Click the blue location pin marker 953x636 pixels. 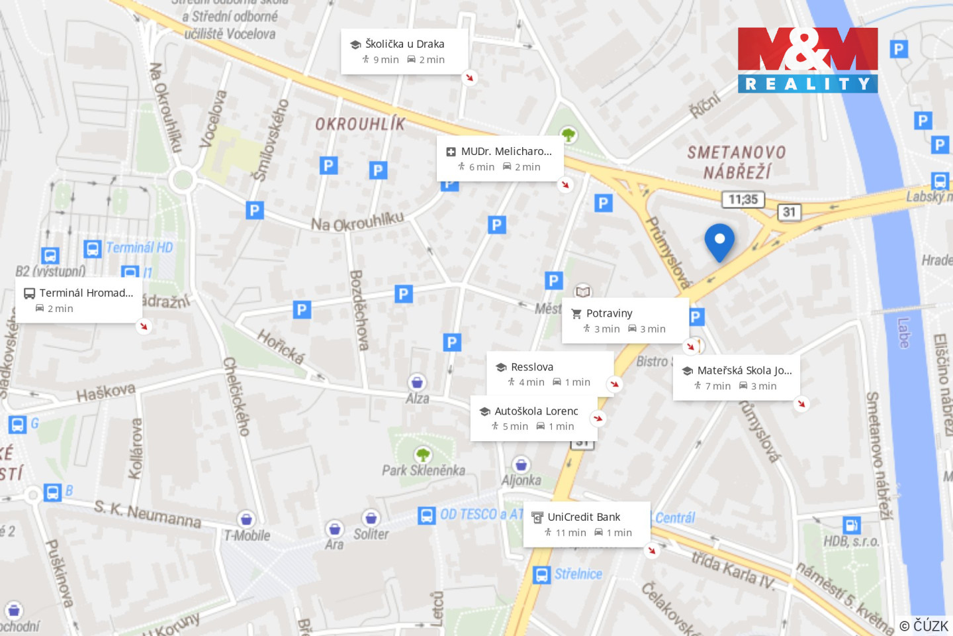click(719, 240)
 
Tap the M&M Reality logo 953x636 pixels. click(807, 60)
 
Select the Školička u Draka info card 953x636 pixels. click(404, 51)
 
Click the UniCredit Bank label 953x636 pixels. click(584, 517)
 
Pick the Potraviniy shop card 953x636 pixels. click(625, 321)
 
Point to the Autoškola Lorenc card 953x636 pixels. click(533, 419)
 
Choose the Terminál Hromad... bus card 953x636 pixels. click(79, 300)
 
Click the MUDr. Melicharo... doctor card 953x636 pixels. click(500, 159)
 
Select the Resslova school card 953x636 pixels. click(549, 374)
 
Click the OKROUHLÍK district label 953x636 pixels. click(359, 124)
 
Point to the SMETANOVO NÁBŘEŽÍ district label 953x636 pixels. click(737, 162)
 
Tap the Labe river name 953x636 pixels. click(903, 333)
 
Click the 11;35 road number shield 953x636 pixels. click(743, 199)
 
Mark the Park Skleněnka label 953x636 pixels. click(424, 470)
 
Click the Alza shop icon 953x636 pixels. click(417, 382)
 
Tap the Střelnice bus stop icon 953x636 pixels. click(541, 575)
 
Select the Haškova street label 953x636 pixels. click(106, 393)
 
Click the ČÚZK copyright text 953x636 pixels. click(924, 625)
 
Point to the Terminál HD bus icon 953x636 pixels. click(93, 248)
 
